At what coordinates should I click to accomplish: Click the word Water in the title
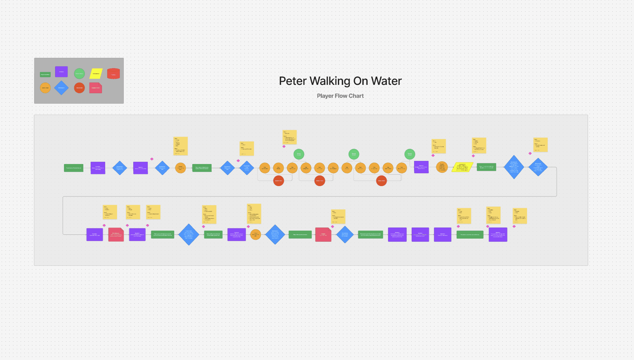386,81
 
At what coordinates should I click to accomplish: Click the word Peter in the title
293,81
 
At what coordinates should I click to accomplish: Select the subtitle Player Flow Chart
340,96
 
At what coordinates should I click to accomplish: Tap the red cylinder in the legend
113,73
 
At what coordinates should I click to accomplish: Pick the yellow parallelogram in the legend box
96,73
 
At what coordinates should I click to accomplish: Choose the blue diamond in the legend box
61,88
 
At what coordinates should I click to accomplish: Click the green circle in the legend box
79,73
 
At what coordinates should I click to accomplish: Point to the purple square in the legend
61,72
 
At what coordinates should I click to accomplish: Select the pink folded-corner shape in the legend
96,88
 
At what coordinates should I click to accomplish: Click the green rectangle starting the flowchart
73,168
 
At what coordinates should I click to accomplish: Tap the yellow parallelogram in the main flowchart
462,167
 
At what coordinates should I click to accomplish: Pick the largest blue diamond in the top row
514,167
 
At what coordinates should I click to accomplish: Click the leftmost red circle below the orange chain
279,181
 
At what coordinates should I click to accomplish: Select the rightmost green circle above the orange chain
409,154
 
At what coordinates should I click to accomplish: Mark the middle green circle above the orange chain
354,154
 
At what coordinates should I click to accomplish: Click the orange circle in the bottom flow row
255,234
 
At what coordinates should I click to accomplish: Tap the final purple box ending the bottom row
498,234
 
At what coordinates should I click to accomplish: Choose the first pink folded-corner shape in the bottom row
116,234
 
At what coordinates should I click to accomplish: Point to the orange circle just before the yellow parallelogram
442,167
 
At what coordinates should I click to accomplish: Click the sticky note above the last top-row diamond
540,145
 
